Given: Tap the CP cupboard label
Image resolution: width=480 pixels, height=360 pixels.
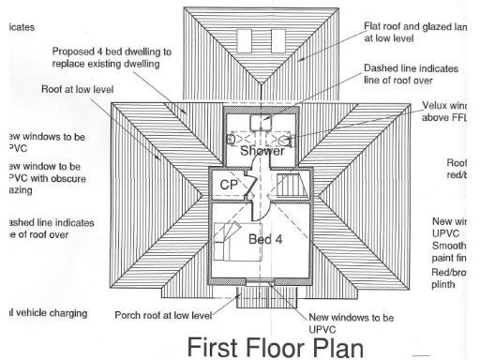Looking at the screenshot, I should point(230,185).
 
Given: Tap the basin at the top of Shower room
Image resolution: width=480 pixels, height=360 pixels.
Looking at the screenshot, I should point(264,120).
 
